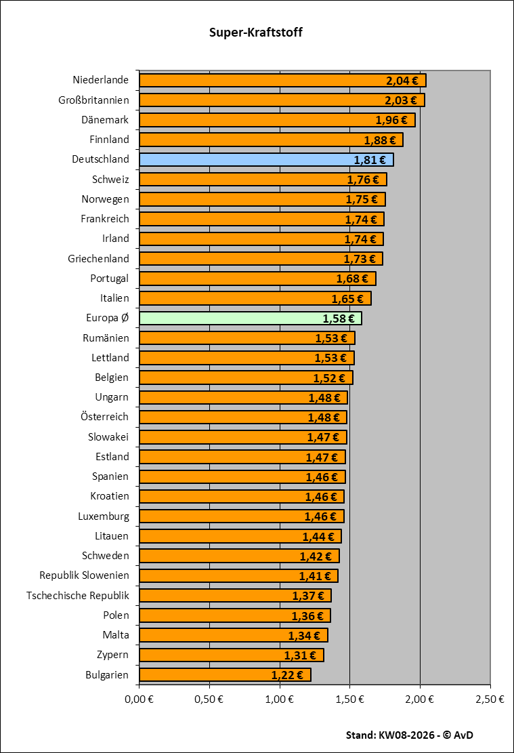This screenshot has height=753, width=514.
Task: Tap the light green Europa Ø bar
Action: (250, 319)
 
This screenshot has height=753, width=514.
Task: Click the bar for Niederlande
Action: (282, 81)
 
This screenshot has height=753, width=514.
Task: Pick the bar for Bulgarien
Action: (224, 675)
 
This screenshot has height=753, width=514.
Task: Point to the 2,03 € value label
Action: (402, 100)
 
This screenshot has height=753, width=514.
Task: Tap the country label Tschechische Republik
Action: (77, 596)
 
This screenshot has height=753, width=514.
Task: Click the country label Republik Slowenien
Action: (84, 576)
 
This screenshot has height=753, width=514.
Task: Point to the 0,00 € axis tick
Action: (139, 698)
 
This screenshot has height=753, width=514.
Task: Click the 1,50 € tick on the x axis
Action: (350, 698)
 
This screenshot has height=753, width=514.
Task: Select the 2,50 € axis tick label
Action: (491, 698)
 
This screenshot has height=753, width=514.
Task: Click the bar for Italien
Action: (255, 299)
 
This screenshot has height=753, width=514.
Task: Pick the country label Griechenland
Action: (98, 259)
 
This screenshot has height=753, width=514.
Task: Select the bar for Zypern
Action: (231, 655)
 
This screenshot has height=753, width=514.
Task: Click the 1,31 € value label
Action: (301, 655)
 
